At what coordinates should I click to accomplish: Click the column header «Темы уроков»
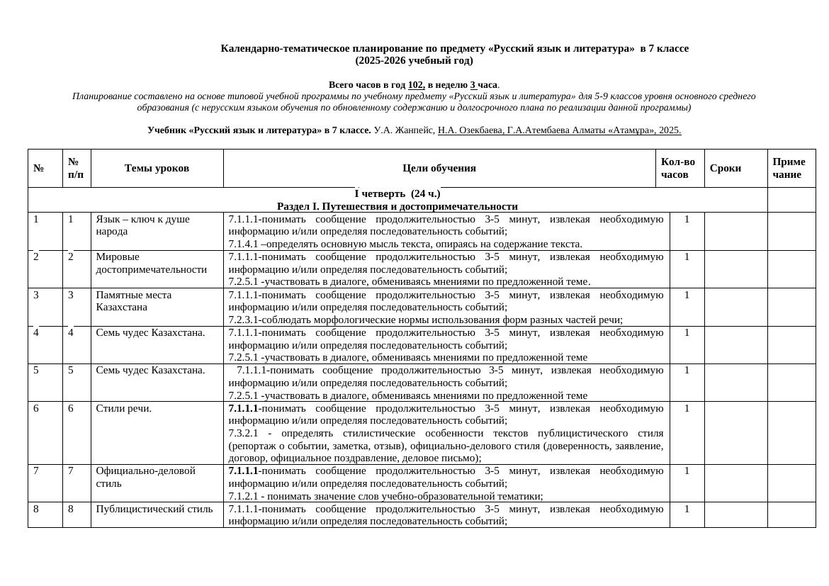click(157, 168)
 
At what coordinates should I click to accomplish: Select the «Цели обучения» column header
click(439, 168)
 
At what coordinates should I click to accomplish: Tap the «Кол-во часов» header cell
click(678, 168)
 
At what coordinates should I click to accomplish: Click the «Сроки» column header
click(725, 168)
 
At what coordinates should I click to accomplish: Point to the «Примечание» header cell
click(789, 168)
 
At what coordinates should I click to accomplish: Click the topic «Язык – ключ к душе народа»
click(142, 225)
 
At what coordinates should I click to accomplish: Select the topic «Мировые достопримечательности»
click(151, 263)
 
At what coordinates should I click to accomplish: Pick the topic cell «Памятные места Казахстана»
click(133, 301)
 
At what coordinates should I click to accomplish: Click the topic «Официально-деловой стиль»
click(145, 477)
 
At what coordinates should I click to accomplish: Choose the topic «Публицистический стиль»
click(154, 509)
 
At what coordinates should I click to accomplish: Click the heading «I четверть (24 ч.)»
click(397, 193)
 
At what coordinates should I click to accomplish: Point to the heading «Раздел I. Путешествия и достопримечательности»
click(397, 206)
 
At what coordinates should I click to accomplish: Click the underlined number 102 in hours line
click(416, 84)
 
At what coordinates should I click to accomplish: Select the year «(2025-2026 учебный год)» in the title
click(414, 60)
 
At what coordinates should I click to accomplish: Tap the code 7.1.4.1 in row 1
click(243, 244)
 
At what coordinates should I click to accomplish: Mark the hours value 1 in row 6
click(687, 408)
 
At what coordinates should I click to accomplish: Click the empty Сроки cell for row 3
click(735, 307)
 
